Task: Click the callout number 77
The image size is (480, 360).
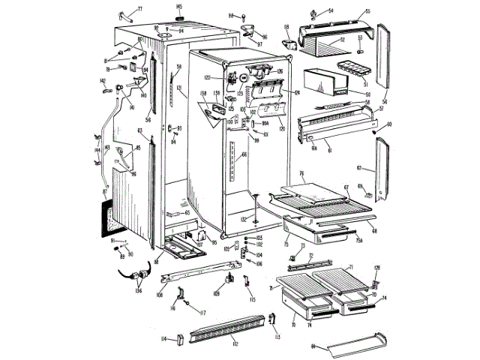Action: (139, 8)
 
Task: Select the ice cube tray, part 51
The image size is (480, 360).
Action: (355, 65)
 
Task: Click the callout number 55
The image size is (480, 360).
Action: (367, 11)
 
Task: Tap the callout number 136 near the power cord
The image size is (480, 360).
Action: (137, 291)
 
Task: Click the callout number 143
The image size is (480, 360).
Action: (107, 147)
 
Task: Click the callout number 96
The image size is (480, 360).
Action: (264, 35)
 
